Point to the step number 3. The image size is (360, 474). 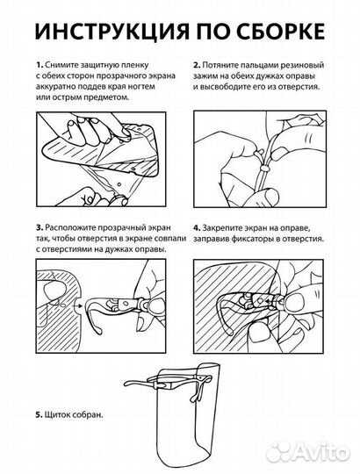pyautogui.click(x=39, y=227)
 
